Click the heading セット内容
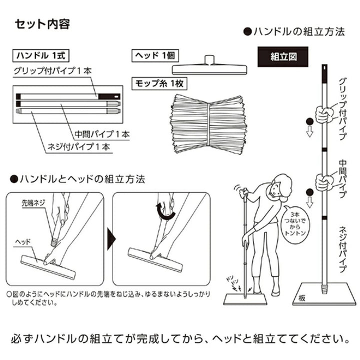tap(41, 23)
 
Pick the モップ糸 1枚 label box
tap(155, 81)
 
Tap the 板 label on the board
tap(303, 298)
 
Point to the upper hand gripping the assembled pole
tap(323, 115)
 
